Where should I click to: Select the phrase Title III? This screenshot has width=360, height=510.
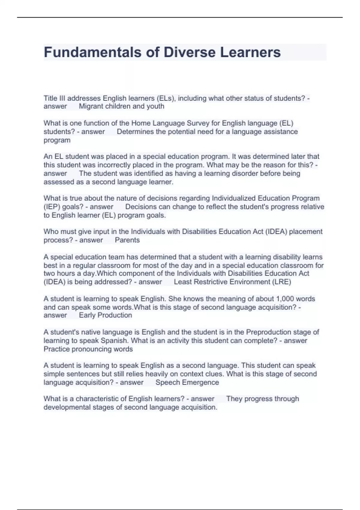click(x=55, y=98)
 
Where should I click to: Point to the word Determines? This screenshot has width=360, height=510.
click(x=135, y=131)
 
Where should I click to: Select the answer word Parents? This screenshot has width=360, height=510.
click(x=127, y=240)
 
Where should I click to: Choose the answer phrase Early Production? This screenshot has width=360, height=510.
click(x=105, y=315)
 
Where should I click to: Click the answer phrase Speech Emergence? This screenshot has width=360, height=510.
click(x=187, y=382)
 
